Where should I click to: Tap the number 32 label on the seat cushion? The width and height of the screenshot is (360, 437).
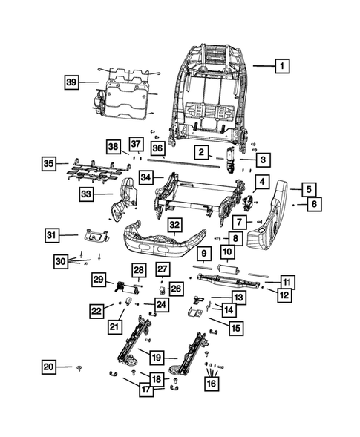pos(174,224)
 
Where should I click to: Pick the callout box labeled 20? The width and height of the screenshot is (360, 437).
pos(49,367)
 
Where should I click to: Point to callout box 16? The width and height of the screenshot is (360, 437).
pos(213,384)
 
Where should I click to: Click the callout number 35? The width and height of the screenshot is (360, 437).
pos(49,162)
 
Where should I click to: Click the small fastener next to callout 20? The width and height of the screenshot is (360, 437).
pos(78,367)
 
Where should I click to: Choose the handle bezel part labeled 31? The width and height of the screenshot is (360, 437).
pos(93,236)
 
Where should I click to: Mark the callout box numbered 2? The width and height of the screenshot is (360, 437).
pos(200,152)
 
